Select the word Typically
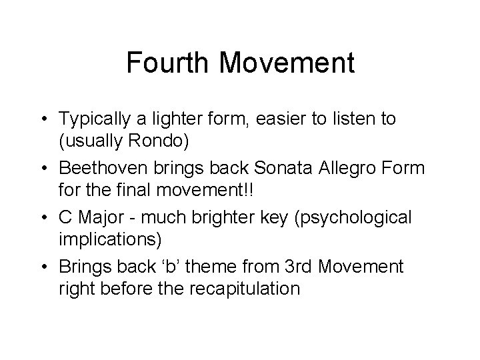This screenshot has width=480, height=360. click(92, 119)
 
